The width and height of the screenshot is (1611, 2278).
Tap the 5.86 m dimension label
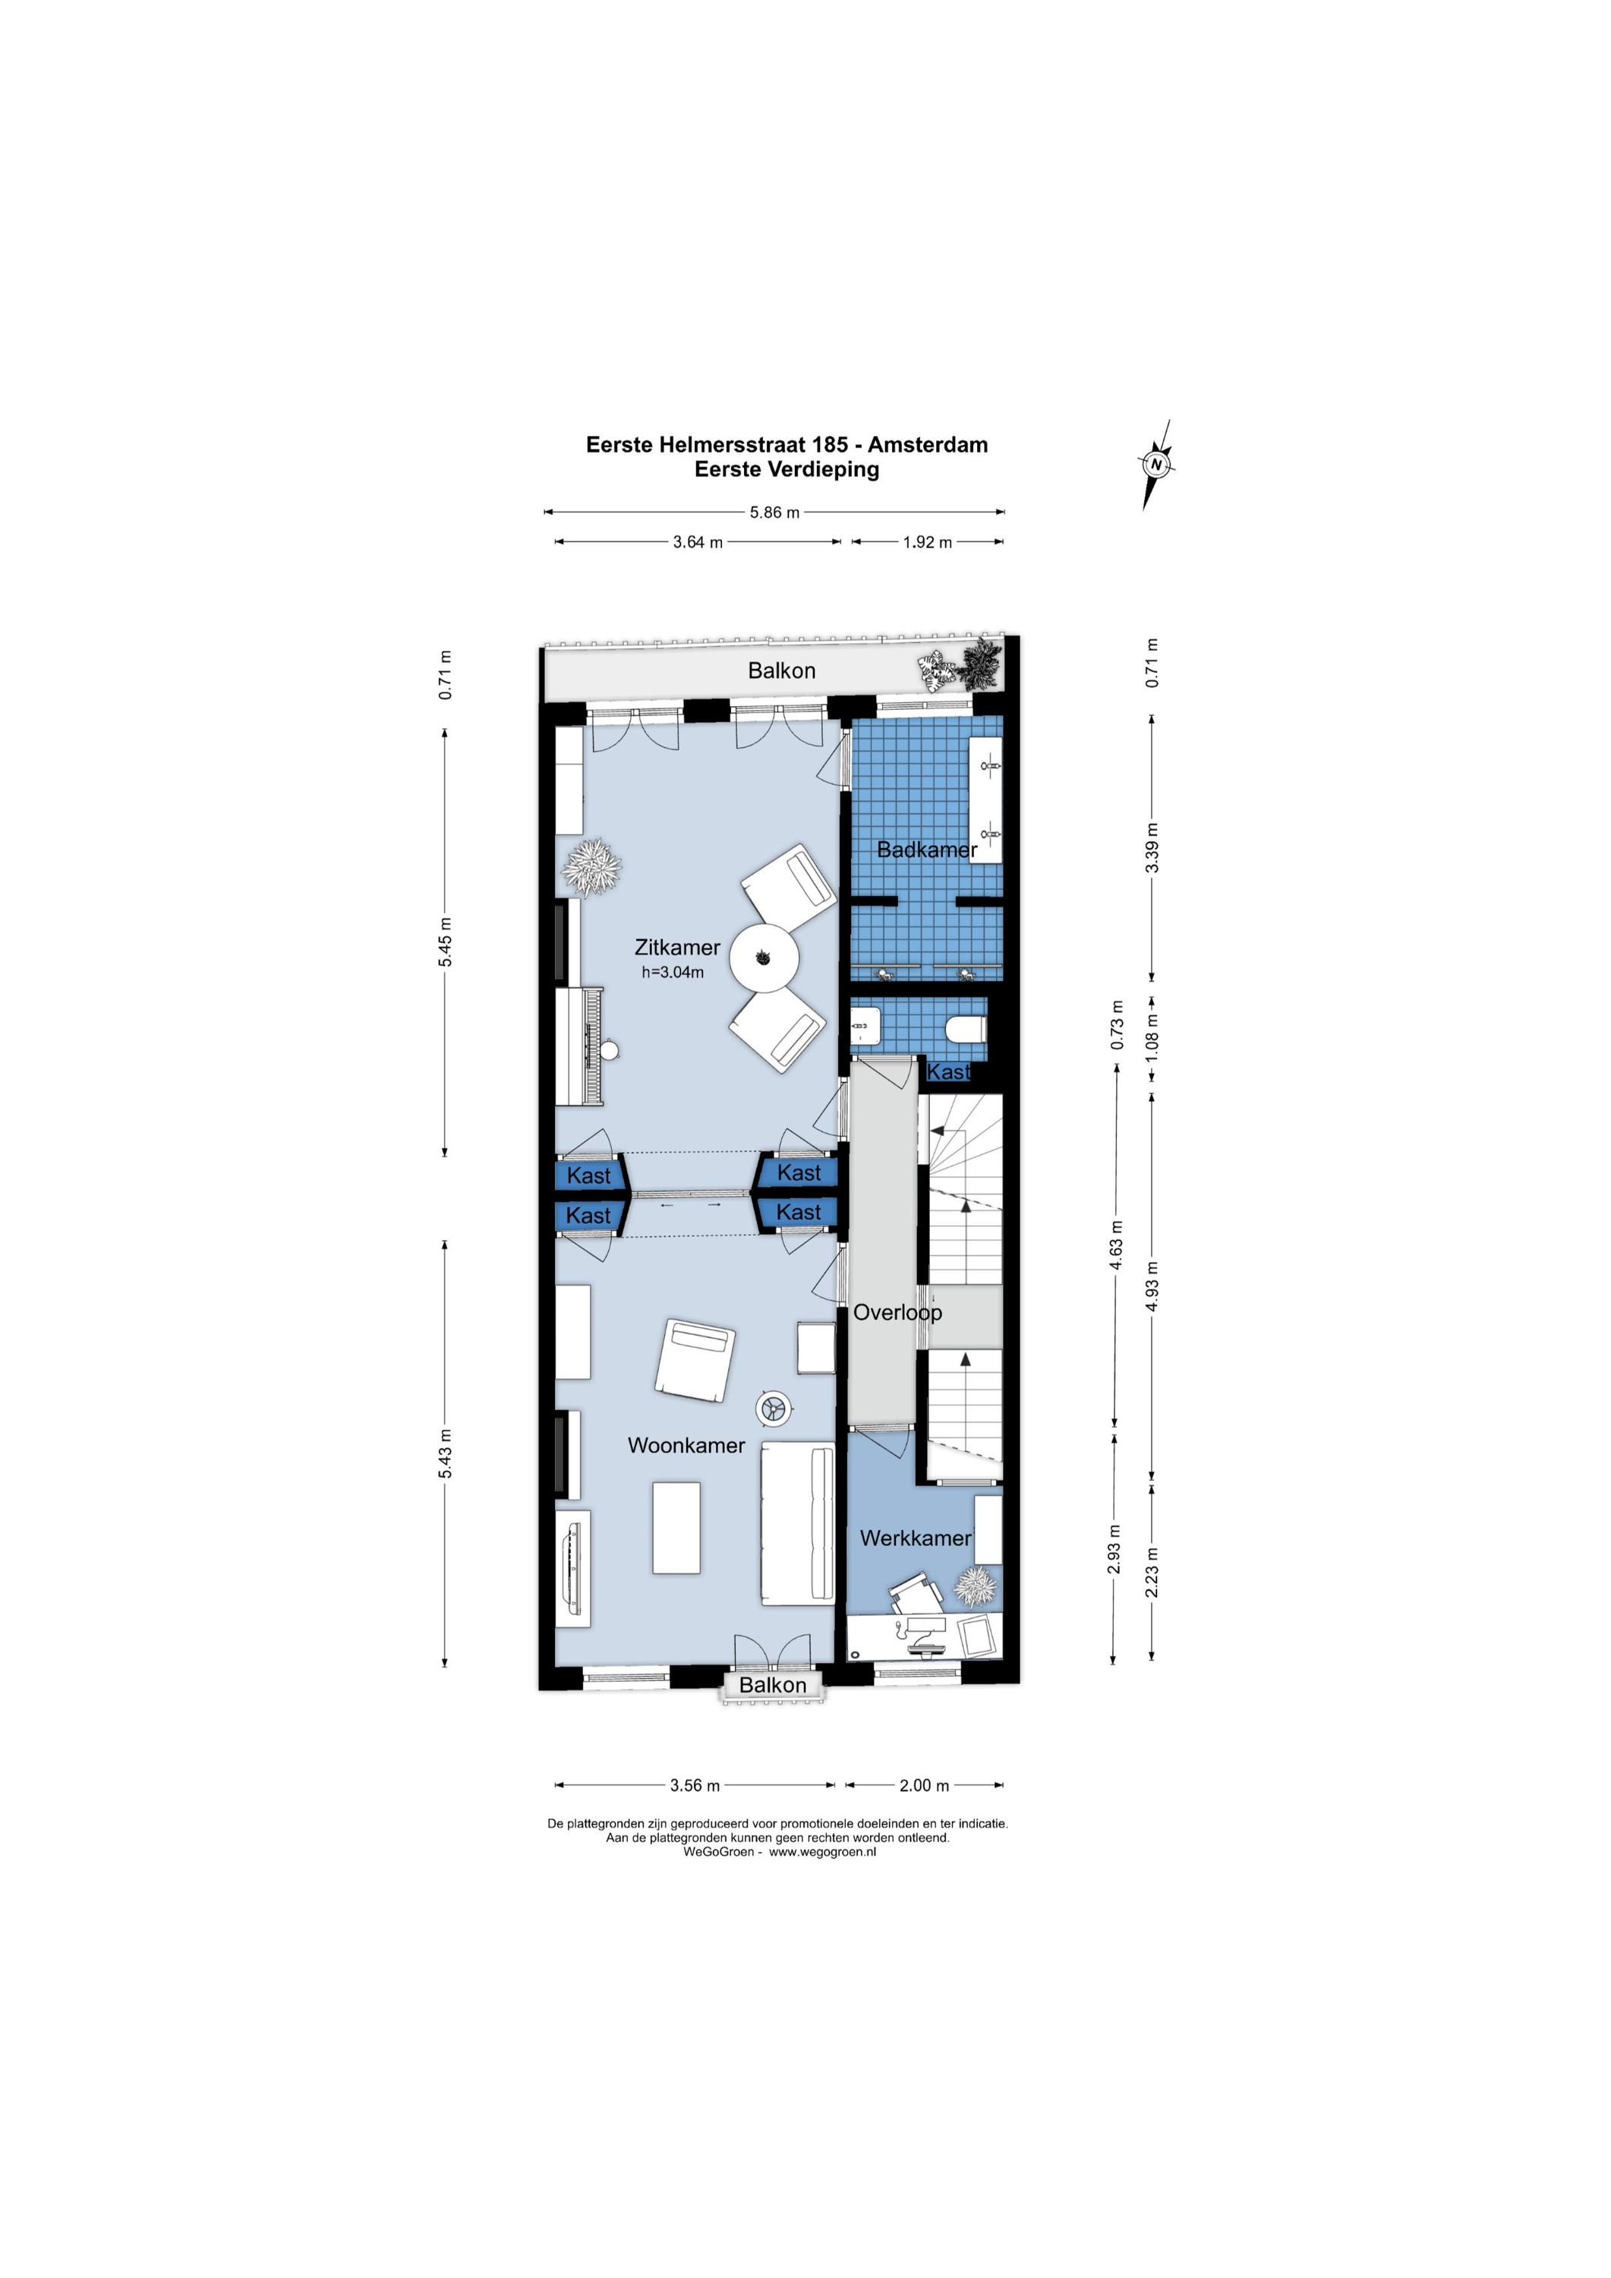point(774,513)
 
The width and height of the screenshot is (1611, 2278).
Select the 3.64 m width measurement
point(698,543)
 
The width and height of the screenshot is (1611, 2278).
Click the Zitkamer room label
point(677,948)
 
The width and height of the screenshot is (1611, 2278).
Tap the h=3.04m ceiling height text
point(673,972)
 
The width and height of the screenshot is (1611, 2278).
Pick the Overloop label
point(898,1313)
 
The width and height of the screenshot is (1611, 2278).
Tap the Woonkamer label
point(686,1446)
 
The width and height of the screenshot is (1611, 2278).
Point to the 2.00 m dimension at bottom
point(923,1786)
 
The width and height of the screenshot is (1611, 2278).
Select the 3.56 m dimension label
point(695,1786)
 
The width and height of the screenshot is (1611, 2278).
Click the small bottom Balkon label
point(773,1685)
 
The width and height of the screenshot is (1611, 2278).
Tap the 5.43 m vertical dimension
point(446,1455)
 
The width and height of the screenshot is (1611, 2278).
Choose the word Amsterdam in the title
point(928,444)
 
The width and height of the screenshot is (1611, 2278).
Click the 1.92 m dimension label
point(928,543)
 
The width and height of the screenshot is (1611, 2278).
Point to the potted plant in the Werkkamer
point(974,1586)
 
